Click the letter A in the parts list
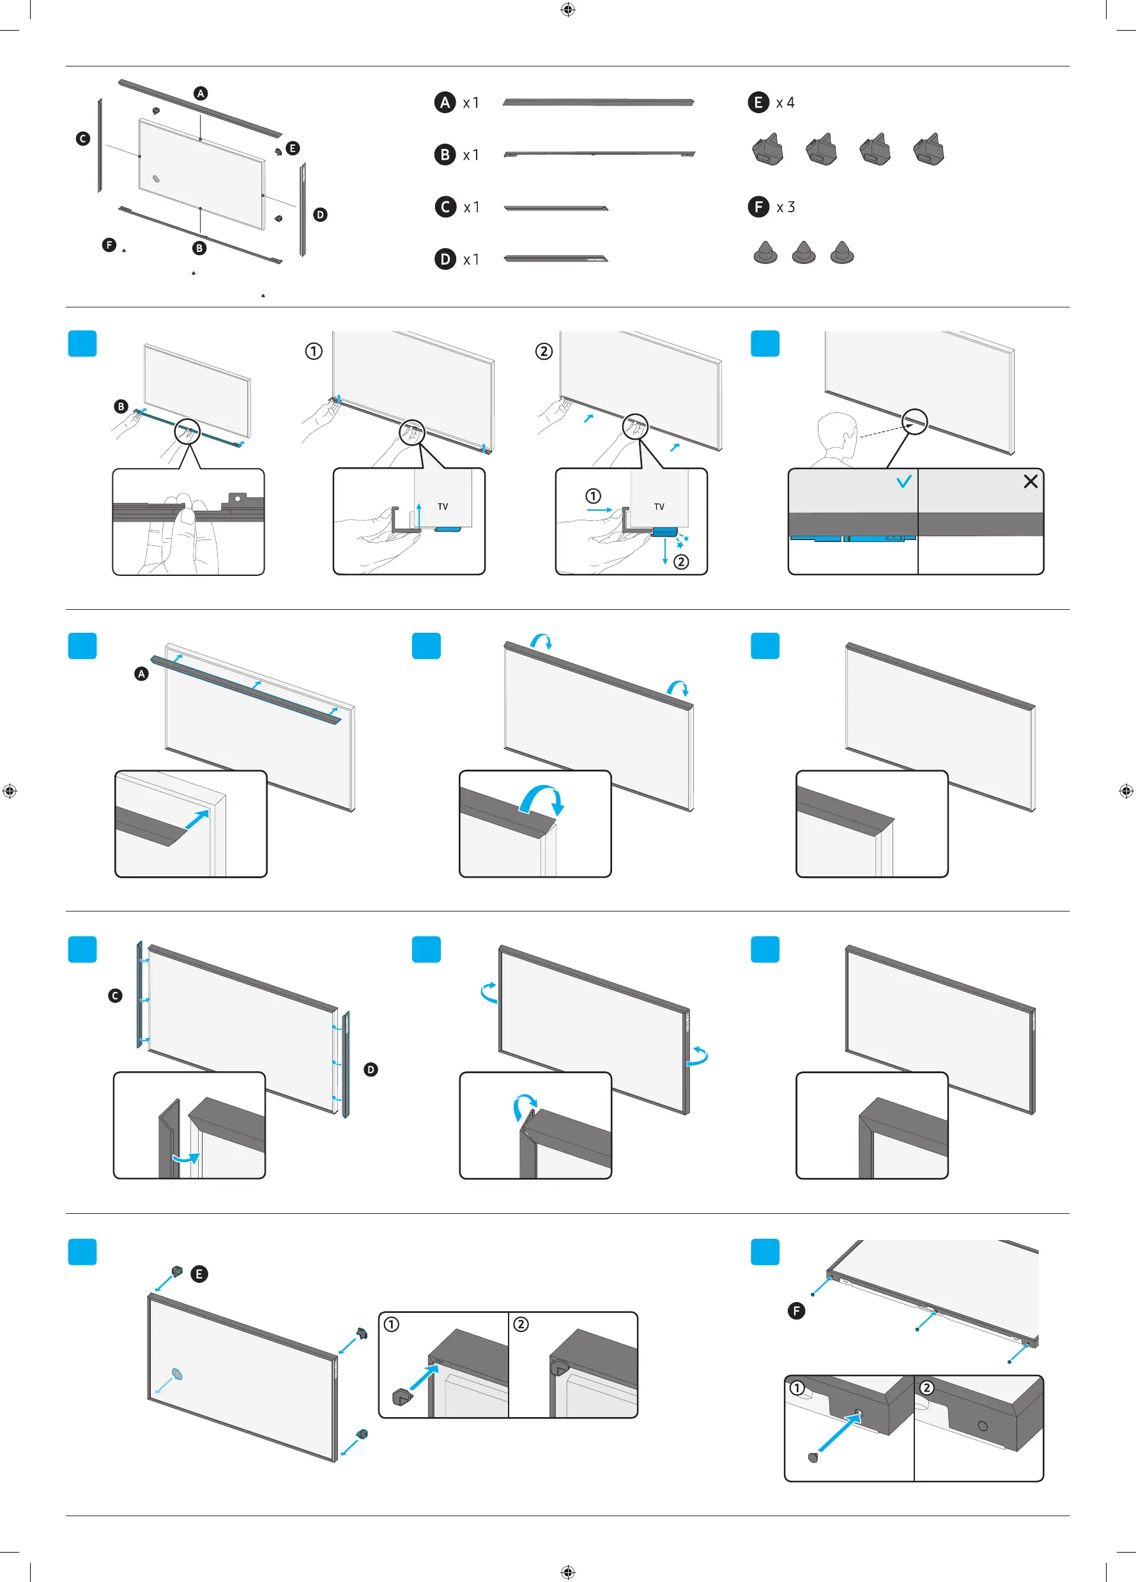(445, 102)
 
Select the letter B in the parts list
(445, 154)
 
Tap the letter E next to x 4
(758, 102)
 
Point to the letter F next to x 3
(758, 206)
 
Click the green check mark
(904, 481)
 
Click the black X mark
(1031, 481)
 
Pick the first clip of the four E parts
(768, 150)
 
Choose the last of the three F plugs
(841, 252)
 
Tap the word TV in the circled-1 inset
(443, 506)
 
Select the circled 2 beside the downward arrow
(681, 561)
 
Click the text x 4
(785, 102)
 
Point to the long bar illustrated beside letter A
(597, 102)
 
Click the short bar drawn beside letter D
(556, 259)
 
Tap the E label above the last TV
(199, 1274)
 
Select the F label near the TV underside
(795, 1310)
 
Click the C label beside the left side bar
(115, 995)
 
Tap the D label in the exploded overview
(320, 214)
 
